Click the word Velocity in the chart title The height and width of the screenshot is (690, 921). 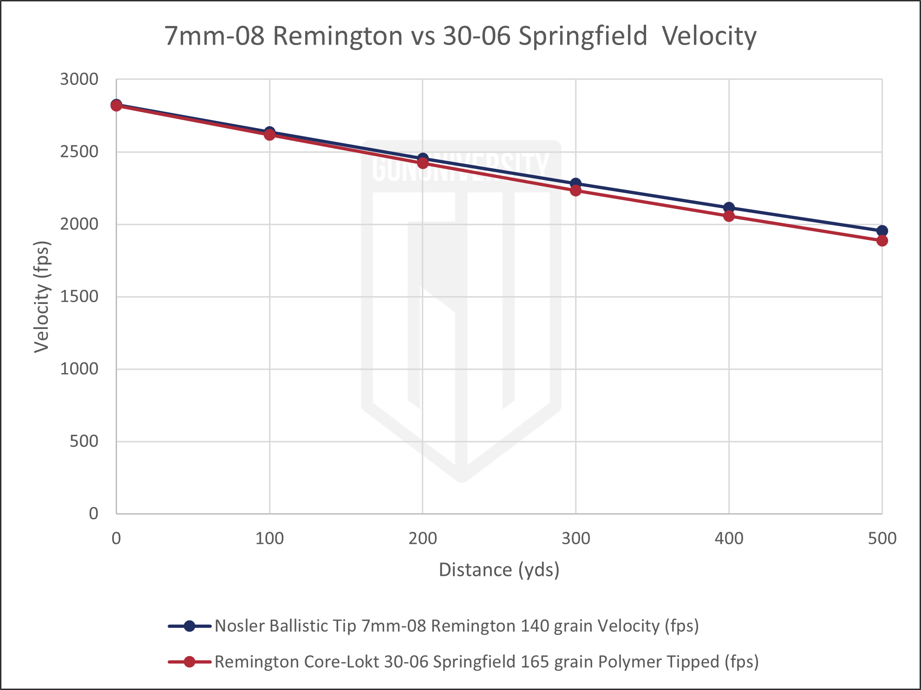709,36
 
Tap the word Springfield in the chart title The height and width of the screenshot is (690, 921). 582,36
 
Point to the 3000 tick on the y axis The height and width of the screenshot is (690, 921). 79,78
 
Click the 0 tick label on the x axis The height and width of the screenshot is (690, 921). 116,538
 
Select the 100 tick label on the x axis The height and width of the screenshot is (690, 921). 269,538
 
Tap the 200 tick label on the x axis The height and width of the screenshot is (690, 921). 423,538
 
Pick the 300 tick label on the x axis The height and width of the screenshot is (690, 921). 576,538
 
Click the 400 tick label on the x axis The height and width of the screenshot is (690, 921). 729,538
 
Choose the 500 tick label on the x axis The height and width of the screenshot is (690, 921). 882,538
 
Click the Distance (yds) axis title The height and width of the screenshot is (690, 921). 499,570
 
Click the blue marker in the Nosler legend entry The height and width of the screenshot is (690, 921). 189,626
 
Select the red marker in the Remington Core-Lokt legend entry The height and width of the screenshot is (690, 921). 189,662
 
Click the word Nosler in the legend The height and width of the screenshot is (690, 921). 240,626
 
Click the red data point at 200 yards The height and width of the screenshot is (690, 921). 423,163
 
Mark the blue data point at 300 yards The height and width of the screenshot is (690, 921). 575,183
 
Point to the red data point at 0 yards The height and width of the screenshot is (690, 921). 116,107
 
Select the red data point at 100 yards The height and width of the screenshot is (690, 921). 269,135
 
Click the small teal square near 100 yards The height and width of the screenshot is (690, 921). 279,145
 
